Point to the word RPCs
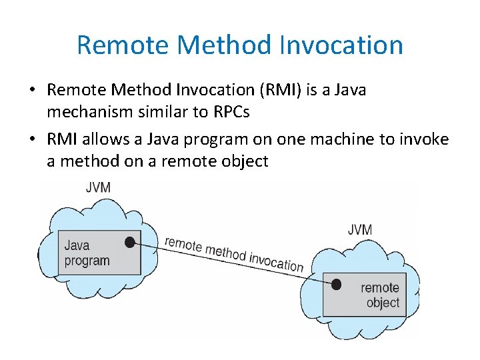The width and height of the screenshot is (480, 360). pos(231,111)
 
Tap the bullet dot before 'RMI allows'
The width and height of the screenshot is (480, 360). pos(33,139)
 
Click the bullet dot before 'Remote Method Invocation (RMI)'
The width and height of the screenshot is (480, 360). pos(33,90)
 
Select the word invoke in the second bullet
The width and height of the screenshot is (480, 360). pos(425,139)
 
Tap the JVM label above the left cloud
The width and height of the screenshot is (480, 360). pos(98,187)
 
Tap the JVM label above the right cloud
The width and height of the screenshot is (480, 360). pos(360,230)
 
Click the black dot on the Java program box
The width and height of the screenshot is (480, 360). pos(131,242)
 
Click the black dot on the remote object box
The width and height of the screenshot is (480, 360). pos(336,285)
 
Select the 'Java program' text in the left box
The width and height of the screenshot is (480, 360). pos(87,253)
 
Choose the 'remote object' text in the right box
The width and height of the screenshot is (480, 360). pos(379,295)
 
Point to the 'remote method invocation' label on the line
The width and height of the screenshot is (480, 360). pos(234,253)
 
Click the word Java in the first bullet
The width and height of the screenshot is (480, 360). pos(345,90)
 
